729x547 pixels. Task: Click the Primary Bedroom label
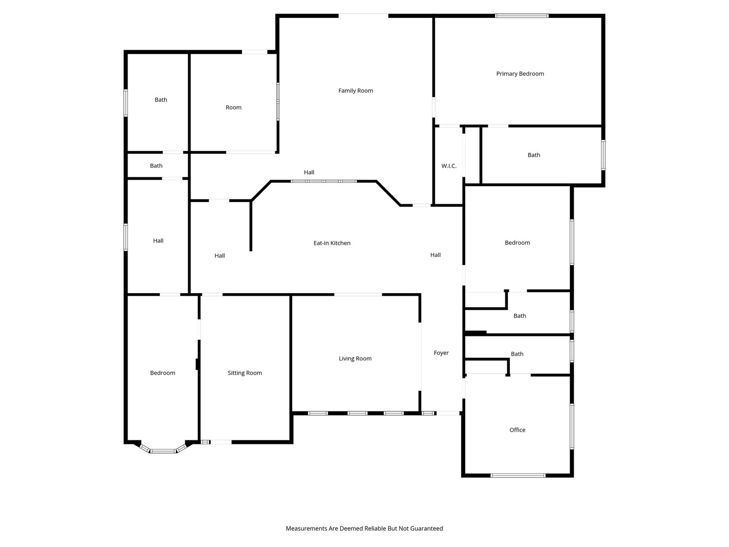(520, 74)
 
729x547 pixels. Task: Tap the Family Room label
(355, 91)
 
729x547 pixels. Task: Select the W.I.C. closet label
(449, 166)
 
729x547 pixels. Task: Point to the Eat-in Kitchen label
(332, 243)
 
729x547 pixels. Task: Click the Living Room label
(355, 358)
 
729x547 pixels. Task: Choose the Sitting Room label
(245, 373)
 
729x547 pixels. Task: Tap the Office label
(517, 430)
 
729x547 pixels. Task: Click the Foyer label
(441, 353)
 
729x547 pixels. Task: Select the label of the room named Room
(233, 108)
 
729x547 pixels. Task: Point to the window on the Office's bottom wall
(518, 475)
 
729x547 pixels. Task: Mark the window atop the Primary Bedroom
(521, 15)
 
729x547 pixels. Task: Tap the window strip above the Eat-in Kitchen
(323, 181)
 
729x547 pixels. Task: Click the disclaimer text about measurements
(364, 528)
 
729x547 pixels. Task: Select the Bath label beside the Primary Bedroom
(534, 155)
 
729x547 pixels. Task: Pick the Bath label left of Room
(161, 100)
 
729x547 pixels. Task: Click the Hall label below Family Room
(309, 172)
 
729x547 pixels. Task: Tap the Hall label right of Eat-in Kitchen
(436, 255)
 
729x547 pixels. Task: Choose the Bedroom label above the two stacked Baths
(517, 243)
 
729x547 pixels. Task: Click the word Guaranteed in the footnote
(426, 528)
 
